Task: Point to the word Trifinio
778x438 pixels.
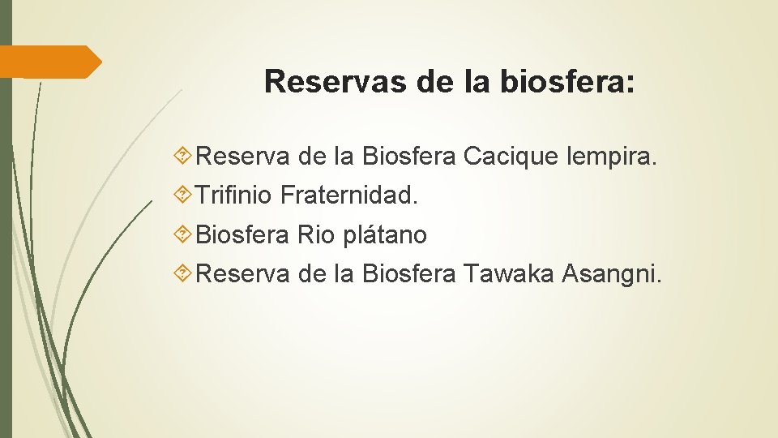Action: [x=235, y=195]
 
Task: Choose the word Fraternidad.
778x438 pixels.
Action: [x=349, y=195]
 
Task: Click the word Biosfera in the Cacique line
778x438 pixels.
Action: [x=408, y=155]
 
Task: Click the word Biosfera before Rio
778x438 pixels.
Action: [x=242, y=235]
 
